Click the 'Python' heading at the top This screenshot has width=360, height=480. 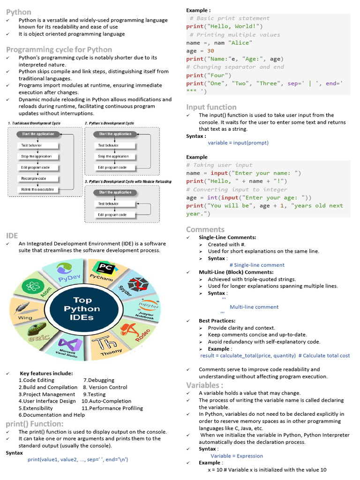[x=19, y=12]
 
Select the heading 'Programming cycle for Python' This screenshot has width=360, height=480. [x=59, y=50]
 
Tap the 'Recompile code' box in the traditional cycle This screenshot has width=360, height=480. [x=33, y=179]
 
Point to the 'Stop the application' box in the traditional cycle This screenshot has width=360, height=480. [x=36, y=157]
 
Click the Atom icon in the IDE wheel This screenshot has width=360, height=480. [x=33, y=286]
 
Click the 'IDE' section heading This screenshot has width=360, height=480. [x=12, y=235]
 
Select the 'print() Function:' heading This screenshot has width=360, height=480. [x=34, y=424]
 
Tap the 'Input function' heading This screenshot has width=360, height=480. [x=211, y=107]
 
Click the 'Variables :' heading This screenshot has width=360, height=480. [x=205, y=385]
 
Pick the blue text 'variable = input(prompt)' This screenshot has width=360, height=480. [x=238, y=142]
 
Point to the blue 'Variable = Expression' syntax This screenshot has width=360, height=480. [x=237, y=456]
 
